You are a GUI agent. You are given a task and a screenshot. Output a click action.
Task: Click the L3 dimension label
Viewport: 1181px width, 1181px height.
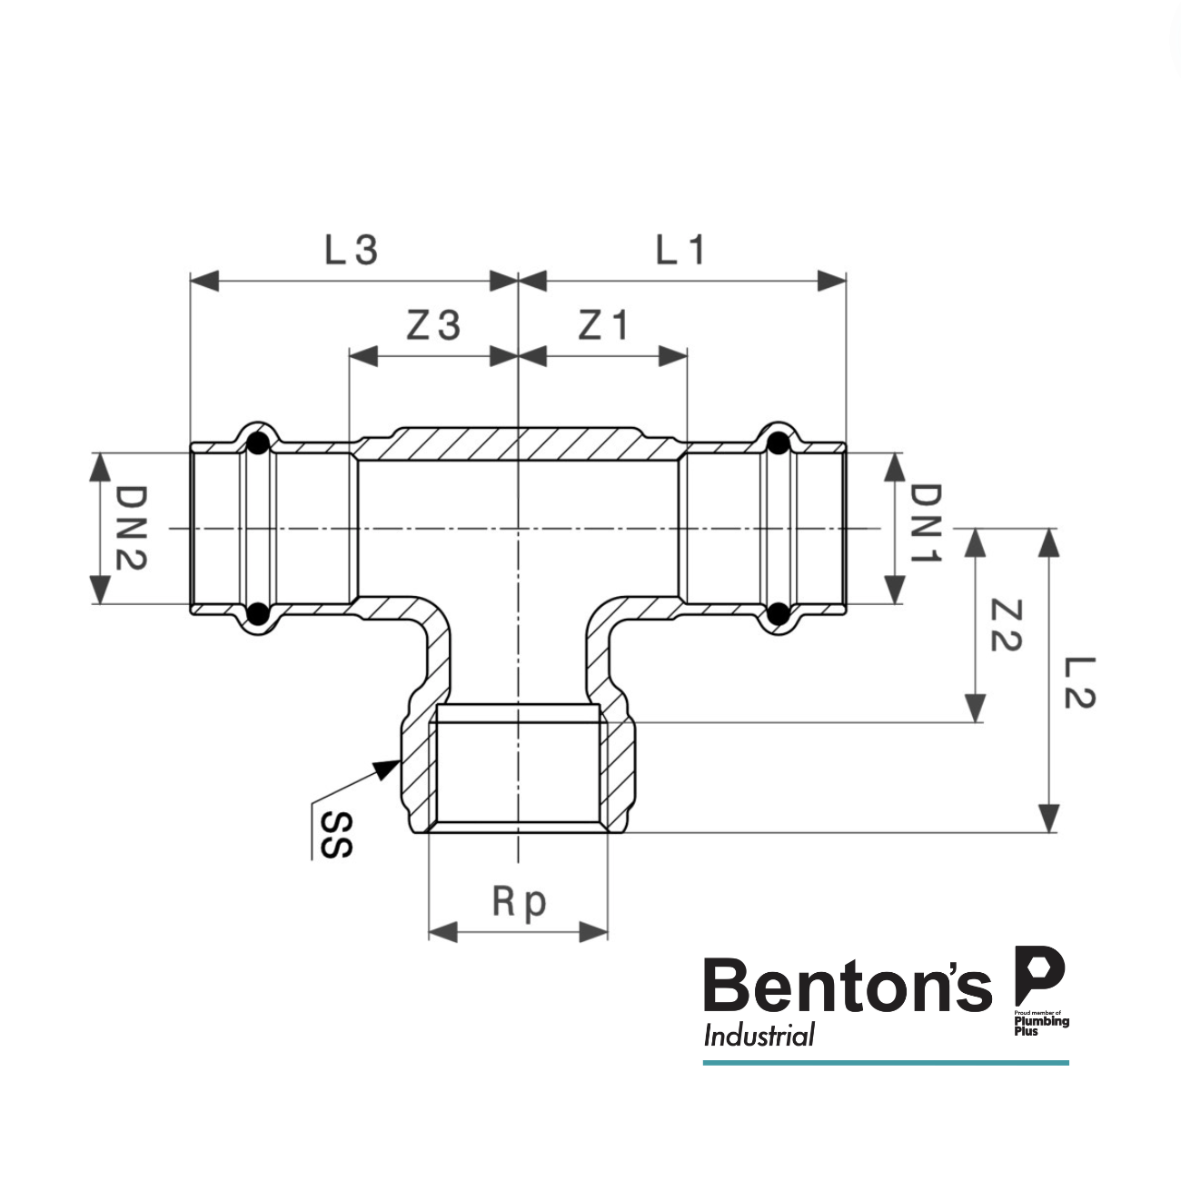pos(351,250)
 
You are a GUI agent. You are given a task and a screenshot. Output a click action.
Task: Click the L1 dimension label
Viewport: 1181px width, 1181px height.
pos(680,250)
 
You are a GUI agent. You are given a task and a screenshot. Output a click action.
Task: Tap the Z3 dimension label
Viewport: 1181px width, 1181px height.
pos(432,325)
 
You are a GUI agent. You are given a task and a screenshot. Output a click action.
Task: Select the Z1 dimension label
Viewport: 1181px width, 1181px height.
pos(603,325)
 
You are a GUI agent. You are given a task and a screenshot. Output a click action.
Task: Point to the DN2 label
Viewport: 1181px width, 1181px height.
pos(131,528)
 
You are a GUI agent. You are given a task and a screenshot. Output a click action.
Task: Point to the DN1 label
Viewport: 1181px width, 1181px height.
pos(926,524)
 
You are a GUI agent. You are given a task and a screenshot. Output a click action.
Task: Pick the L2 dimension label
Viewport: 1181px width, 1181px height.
pos(1079,682)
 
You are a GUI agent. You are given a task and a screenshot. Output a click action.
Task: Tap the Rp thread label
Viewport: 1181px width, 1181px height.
pos(520,902)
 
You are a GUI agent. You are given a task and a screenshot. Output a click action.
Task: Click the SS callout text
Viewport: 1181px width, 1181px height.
pos(335,835)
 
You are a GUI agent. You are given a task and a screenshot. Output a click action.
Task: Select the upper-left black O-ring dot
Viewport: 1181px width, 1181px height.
pos(258,443)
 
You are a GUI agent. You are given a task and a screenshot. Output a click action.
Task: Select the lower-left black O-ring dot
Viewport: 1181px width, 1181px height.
pos(258,613)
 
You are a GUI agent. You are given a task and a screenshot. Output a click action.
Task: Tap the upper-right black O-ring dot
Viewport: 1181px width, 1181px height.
pos(778,443)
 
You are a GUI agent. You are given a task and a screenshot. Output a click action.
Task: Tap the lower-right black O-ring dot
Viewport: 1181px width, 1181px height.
pos(778,613)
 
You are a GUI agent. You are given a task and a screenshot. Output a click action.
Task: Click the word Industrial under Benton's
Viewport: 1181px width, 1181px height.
pos(759,1036)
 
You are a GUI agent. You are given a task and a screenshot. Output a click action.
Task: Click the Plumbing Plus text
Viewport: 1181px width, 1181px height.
pos(1041,1024)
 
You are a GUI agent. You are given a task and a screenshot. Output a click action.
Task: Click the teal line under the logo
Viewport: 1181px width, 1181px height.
pos(886,1062)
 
